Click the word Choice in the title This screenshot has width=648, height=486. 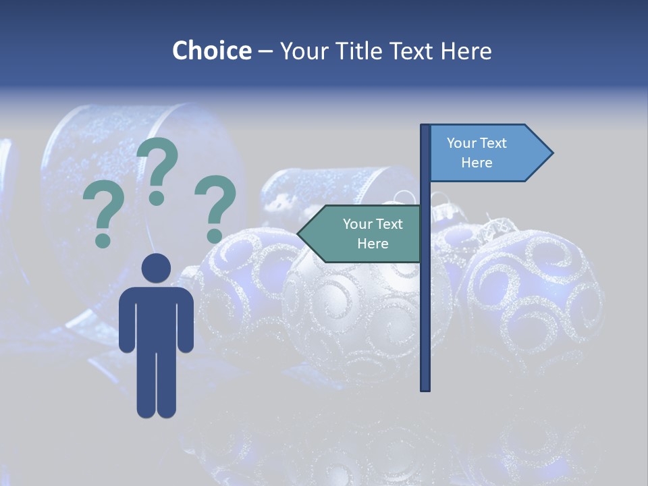(211, 51)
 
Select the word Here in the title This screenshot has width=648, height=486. (466, 51)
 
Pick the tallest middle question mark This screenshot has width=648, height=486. (158, 169)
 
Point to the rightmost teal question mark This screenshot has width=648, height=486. (215, 207)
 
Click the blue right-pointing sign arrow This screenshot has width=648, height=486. (486, 153)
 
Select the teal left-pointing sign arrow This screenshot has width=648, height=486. (364, 234)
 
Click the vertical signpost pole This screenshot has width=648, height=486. (425, 304)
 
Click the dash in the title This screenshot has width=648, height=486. (265, 51)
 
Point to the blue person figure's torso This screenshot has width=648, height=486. (156, 317)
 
